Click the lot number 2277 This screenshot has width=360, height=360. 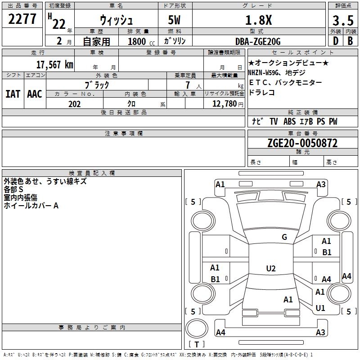(x=22, y=19)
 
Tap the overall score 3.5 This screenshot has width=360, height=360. (x=342, y=21)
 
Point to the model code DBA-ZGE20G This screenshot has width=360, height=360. (x=258, y=41)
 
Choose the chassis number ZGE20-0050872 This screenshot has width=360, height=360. (x=302, y=144)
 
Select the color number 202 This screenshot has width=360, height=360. (x=74, y=104)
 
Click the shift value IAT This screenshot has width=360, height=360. (x=13, y=94)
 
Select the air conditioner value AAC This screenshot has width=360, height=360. (x=35, y=94)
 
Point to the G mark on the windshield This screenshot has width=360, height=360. (x=284, y=237)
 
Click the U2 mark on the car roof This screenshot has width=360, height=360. (x=270, y=269)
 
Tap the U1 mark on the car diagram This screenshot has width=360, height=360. (x=320, y=308)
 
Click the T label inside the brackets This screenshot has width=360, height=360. (x=196, y=344)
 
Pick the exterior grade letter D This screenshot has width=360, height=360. (x=335, y=41)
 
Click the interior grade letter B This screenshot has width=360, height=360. (x=350, y=41)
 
